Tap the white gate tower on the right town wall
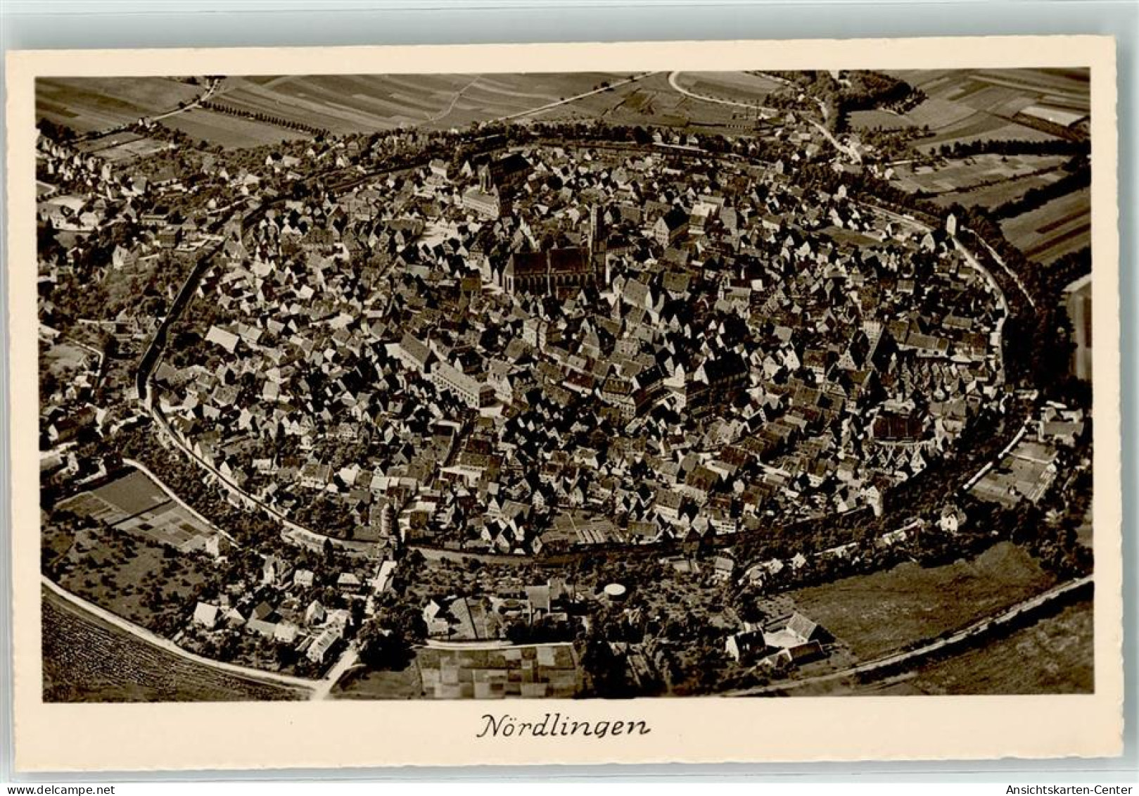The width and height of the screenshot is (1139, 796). click(x=952, y=225)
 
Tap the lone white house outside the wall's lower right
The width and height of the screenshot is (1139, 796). click(x=952, y=521)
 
